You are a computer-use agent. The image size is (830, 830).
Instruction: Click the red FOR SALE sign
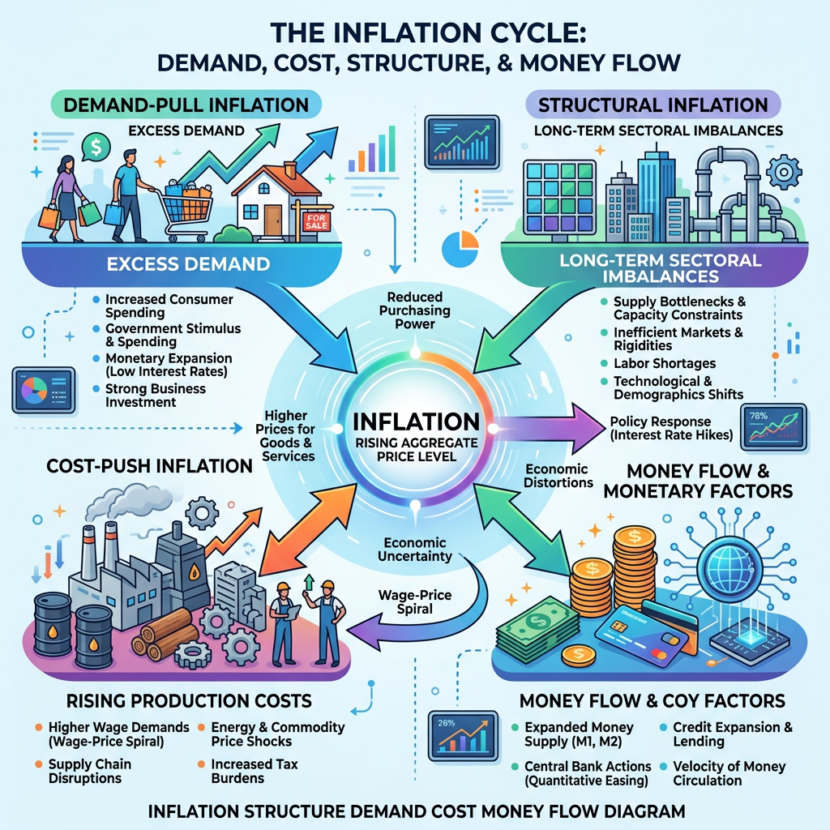314,222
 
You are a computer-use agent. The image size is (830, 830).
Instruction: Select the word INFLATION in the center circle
415,422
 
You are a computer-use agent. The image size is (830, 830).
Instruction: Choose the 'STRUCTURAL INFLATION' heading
652,105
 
